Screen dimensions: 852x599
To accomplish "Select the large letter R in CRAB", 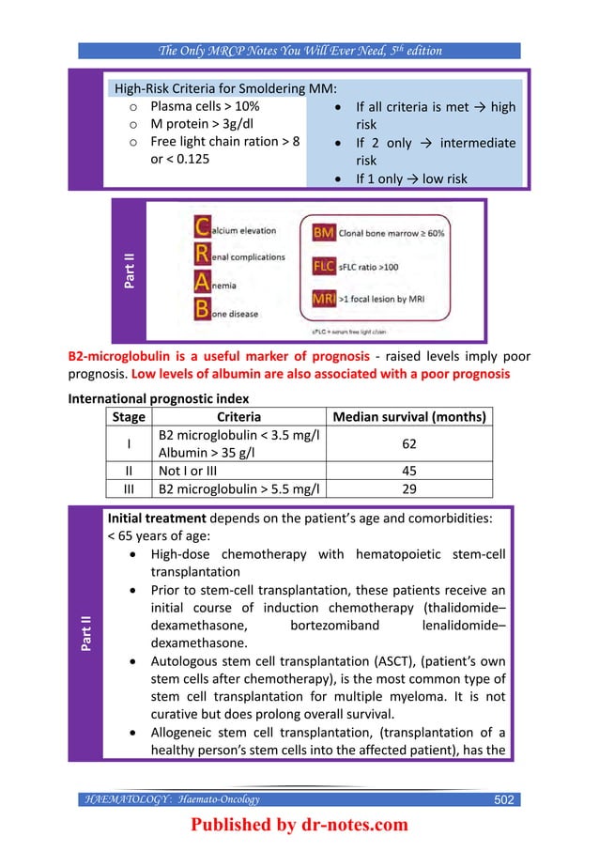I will coord(201,256).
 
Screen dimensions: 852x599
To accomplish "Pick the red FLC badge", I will coord(324,267).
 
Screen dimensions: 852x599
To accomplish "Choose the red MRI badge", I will coord(324,299).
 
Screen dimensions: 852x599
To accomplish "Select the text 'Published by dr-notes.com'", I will coord(299,826).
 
